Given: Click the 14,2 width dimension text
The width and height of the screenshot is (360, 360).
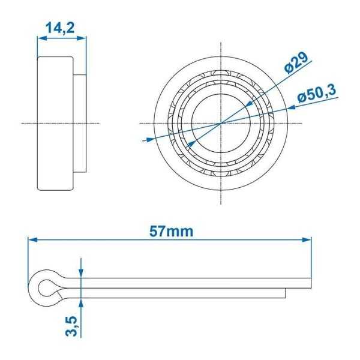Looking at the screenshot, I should pyautogui.click(x=61, y=27).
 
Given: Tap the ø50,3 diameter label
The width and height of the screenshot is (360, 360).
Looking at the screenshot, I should pyautogui.click(x=316, y=94).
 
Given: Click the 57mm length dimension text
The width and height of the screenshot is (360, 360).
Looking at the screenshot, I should pyautogui.click(x=171, y=231).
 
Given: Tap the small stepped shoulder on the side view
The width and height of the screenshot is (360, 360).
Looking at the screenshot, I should pyautogui.click(x=79, y=123).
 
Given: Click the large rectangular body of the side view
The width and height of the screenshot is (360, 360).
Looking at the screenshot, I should pyautogui.click(x=55, y=123).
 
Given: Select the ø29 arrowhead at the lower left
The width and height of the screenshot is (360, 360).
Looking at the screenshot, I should pyautogui.click(x=191, y=144).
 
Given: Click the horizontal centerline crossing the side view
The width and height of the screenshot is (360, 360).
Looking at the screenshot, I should pyautogui.click(x=27, y=123).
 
